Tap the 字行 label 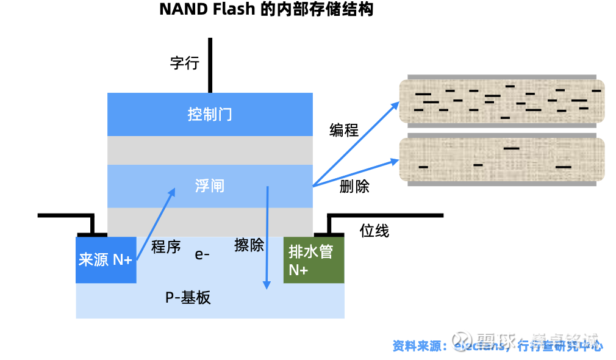(184, 63)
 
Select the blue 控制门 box (210, 114)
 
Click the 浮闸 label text (210, 185)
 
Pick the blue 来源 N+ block (106, 260)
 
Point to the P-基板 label (188, 298)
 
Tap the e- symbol (202, 254)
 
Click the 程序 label (166, 247)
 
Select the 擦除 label (249, 245)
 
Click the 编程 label (344, 130)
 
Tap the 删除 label (354, 187)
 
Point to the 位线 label (374, 231)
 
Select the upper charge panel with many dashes (501, 101)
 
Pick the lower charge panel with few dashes (501, 159)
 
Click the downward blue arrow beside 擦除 (267, 238)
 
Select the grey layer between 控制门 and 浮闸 (210, 150)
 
